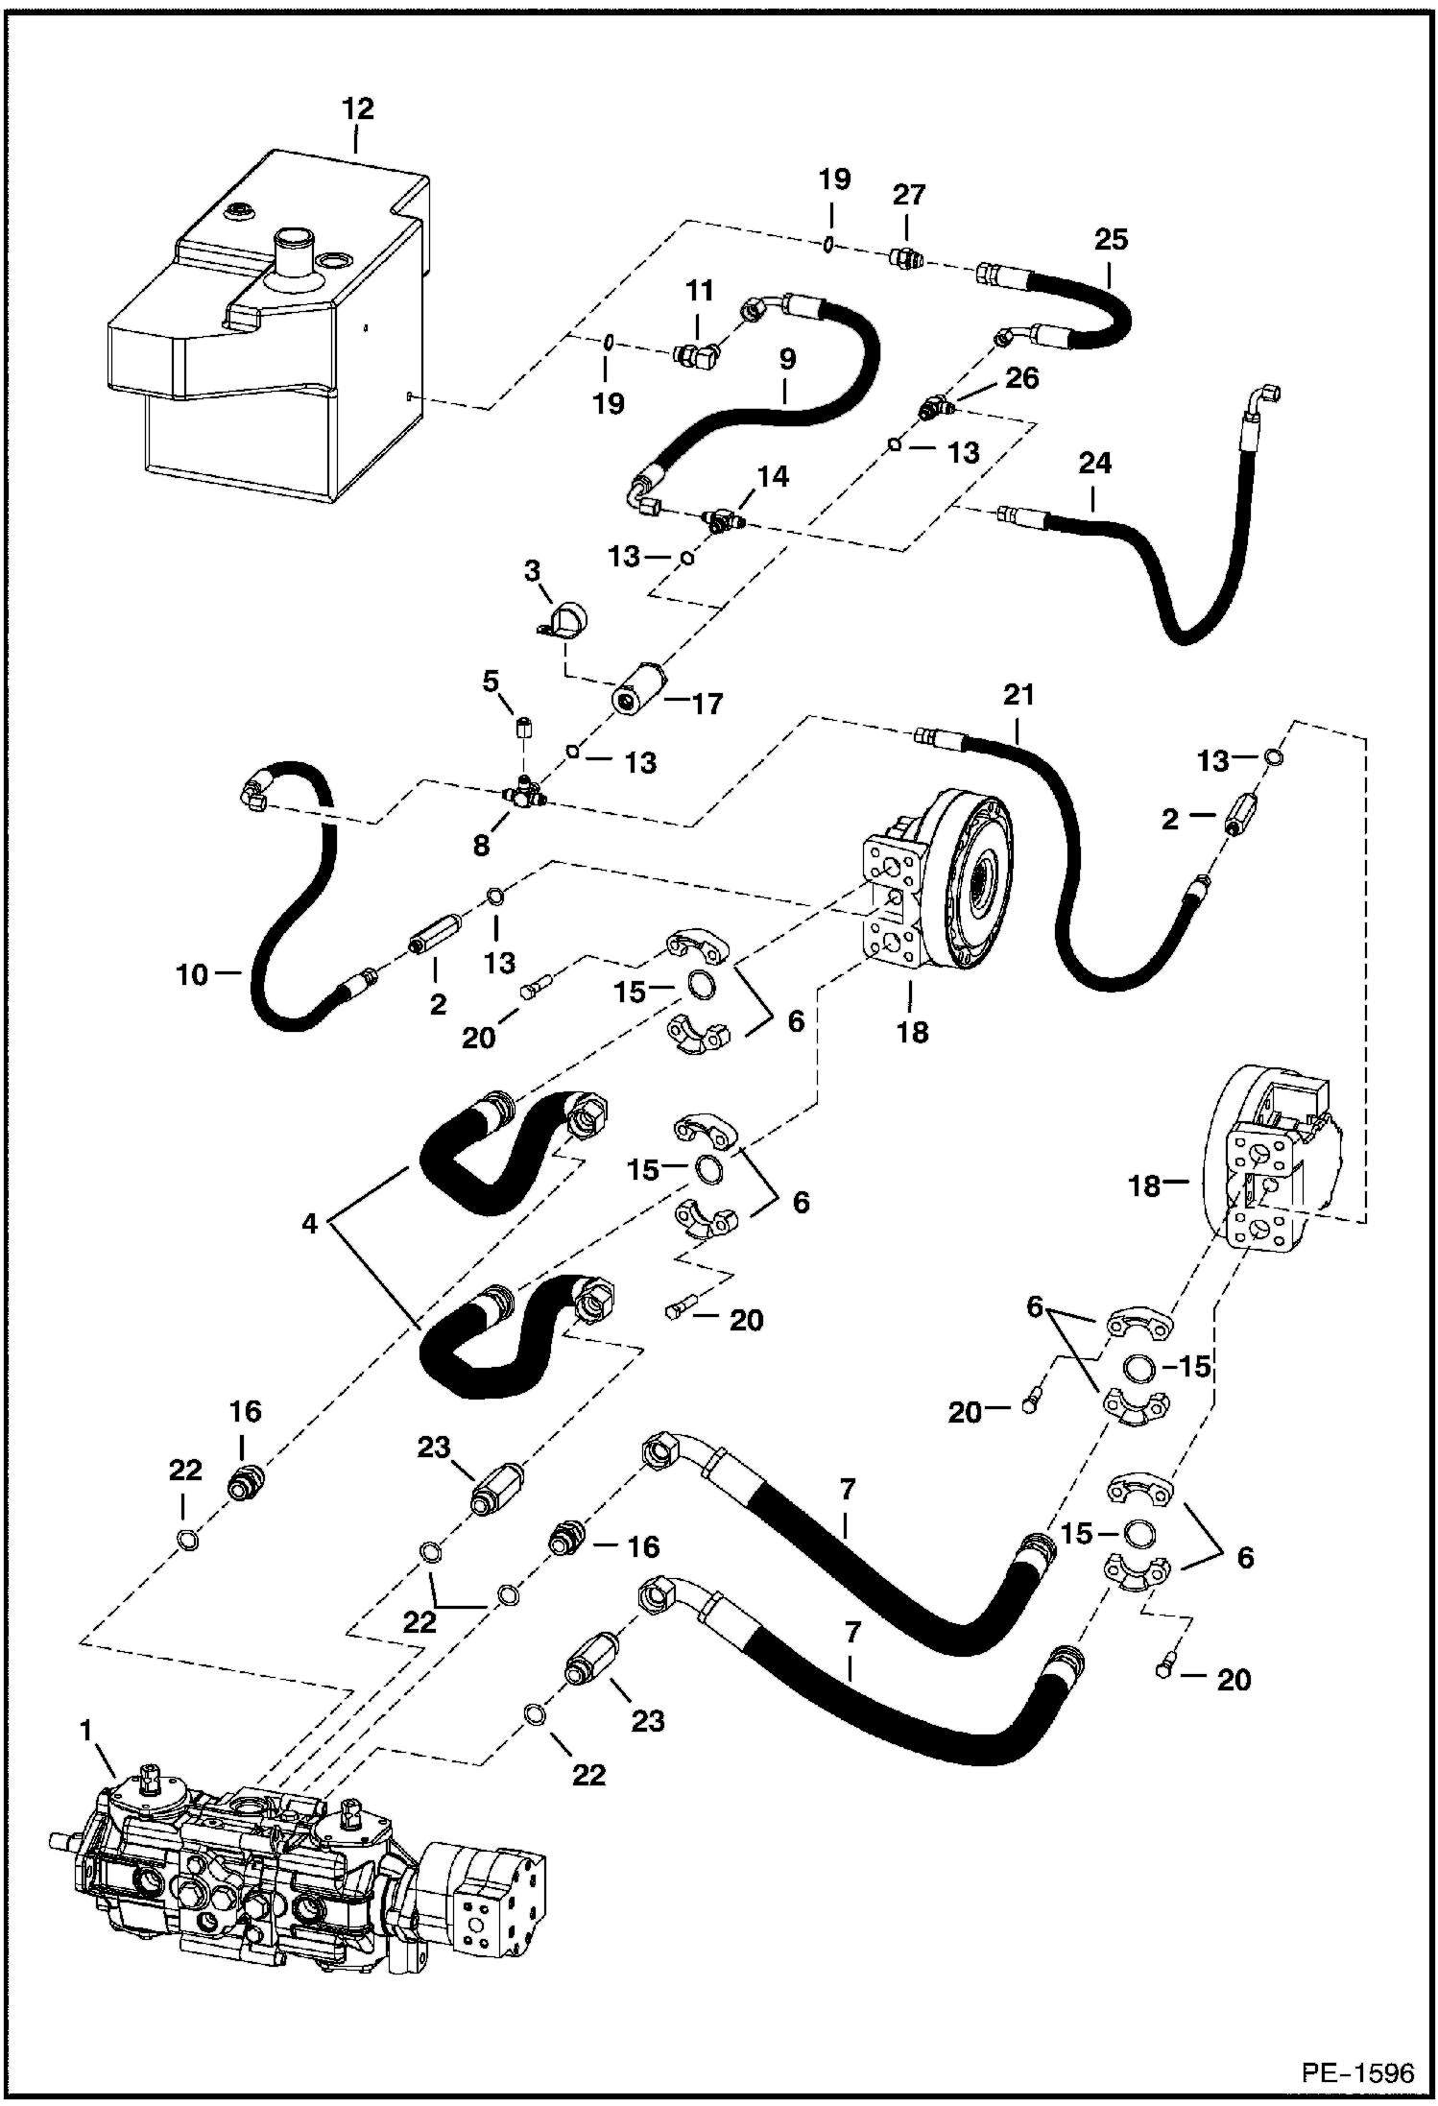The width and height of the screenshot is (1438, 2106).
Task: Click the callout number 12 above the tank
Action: pos(357,108)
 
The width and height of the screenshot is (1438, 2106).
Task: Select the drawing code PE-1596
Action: pos(1357,2072)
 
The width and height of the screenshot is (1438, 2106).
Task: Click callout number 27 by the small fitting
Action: pos(908,195)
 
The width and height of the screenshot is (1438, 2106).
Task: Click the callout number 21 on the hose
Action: pos(1019,694)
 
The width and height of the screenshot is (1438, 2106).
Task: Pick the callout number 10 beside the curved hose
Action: pos(192,974)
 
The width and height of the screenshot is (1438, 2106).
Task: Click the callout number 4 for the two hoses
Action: pos(309,1224)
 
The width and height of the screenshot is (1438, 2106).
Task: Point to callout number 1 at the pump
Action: pos(86,1731)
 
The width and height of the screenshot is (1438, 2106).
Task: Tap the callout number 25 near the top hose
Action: pos(1111,239)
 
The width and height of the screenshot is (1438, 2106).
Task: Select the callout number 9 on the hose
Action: pos(786,360)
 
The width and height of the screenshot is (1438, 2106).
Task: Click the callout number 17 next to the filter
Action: pos(707,705)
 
